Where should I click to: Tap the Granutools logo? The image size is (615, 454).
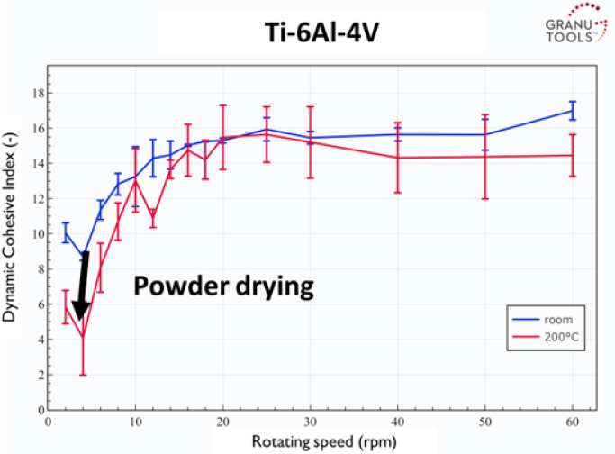[576, 27]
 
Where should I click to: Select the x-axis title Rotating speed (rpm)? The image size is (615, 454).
[307, 440]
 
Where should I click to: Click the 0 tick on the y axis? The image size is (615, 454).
[36, 410]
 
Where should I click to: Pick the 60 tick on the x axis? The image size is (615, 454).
[572, 422]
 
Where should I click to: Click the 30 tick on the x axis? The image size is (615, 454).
[310, 422]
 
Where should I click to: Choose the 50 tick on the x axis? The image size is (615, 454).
[484, 422]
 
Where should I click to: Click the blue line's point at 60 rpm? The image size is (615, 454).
[572, 110]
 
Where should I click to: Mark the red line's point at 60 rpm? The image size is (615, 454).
[572, 155]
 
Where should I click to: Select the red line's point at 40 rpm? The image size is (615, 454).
[397, 158]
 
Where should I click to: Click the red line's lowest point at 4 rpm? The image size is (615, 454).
[83, 337]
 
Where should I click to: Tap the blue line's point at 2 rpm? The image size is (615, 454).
[65, 232]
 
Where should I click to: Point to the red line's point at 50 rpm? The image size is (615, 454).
[484, 157]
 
